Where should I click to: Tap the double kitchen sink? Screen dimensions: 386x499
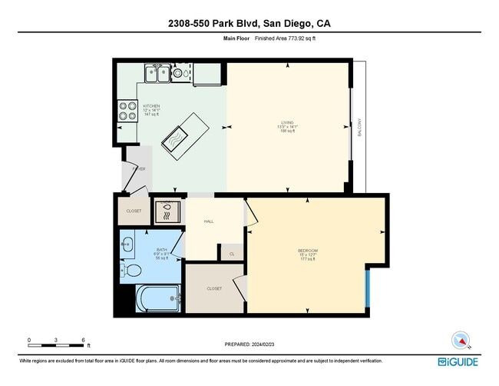coord(158,74)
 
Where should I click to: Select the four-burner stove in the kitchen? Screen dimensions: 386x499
coord(127,111)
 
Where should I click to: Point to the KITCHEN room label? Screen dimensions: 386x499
coord(151,106)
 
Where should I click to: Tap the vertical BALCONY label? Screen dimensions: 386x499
coord(359,127)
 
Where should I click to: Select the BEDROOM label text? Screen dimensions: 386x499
coord(309,251)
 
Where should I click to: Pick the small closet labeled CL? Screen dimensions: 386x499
coord(232,252)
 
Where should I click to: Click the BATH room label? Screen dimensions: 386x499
coord(162,250)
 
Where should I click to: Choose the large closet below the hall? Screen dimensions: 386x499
coord(214,288)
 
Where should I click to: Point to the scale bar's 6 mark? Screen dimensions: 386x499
coord(83,339)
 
